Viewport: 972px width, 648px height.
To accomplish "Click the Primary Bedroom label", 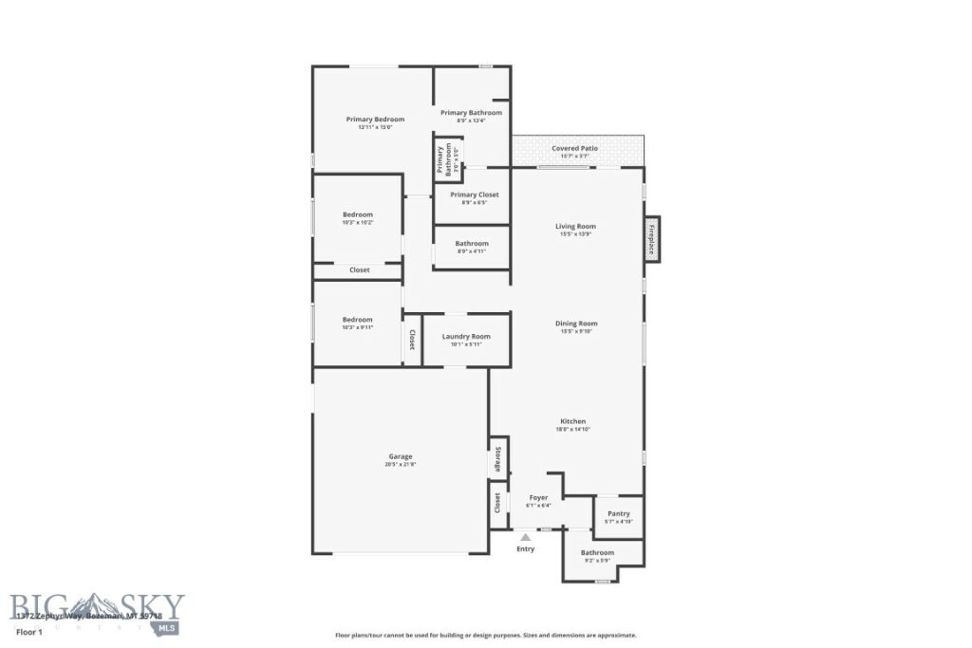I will [x=375, y=120].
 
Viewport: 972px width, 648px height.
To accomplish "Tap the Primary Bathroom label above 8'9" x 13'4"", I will [x=471, y=112].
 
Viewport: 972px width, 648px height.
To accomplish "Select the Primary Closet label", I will [x=474, y=194].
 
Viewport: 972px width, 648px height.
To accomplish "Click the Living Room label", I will [x=575, y=226].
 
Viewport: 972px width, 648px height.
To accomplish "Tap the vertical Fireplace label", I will [x=651, y=239].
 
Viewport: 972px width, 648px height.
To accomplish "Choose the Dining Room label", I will [x=575, y=324].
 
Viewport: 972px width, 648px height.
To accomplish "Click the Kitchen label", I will [x=572, y=421].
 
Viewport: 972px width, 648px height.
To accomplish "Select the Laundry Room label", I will [x=466, y=336].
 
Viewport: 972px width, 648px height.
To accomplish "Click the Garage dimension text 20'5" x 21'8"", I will [x=401, y=465].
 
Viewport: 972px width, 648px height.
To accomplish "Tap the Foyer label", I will [x=538, y=497].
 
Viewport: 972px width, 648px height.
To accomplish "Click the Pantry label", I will [x=619, y=514].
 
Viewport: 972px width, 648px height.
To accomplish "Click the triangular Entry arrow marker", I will [x=525, y=537].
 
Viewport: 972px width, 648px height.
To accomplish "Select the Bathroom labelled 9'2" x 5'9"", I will [x=597, y=552].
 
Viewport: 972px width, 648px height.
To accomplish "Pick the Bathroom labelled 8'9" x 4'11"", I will [x=472, y=243].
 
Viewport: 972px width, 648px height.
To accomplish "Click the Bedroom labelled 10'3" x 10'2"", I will [x=358, y=214].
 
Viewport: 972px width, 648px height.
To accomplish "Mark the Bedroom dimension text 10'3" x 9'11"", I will [x=358, y=328].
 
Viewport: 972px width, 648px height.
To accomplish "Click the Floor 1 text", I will [x=30, y=631].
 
